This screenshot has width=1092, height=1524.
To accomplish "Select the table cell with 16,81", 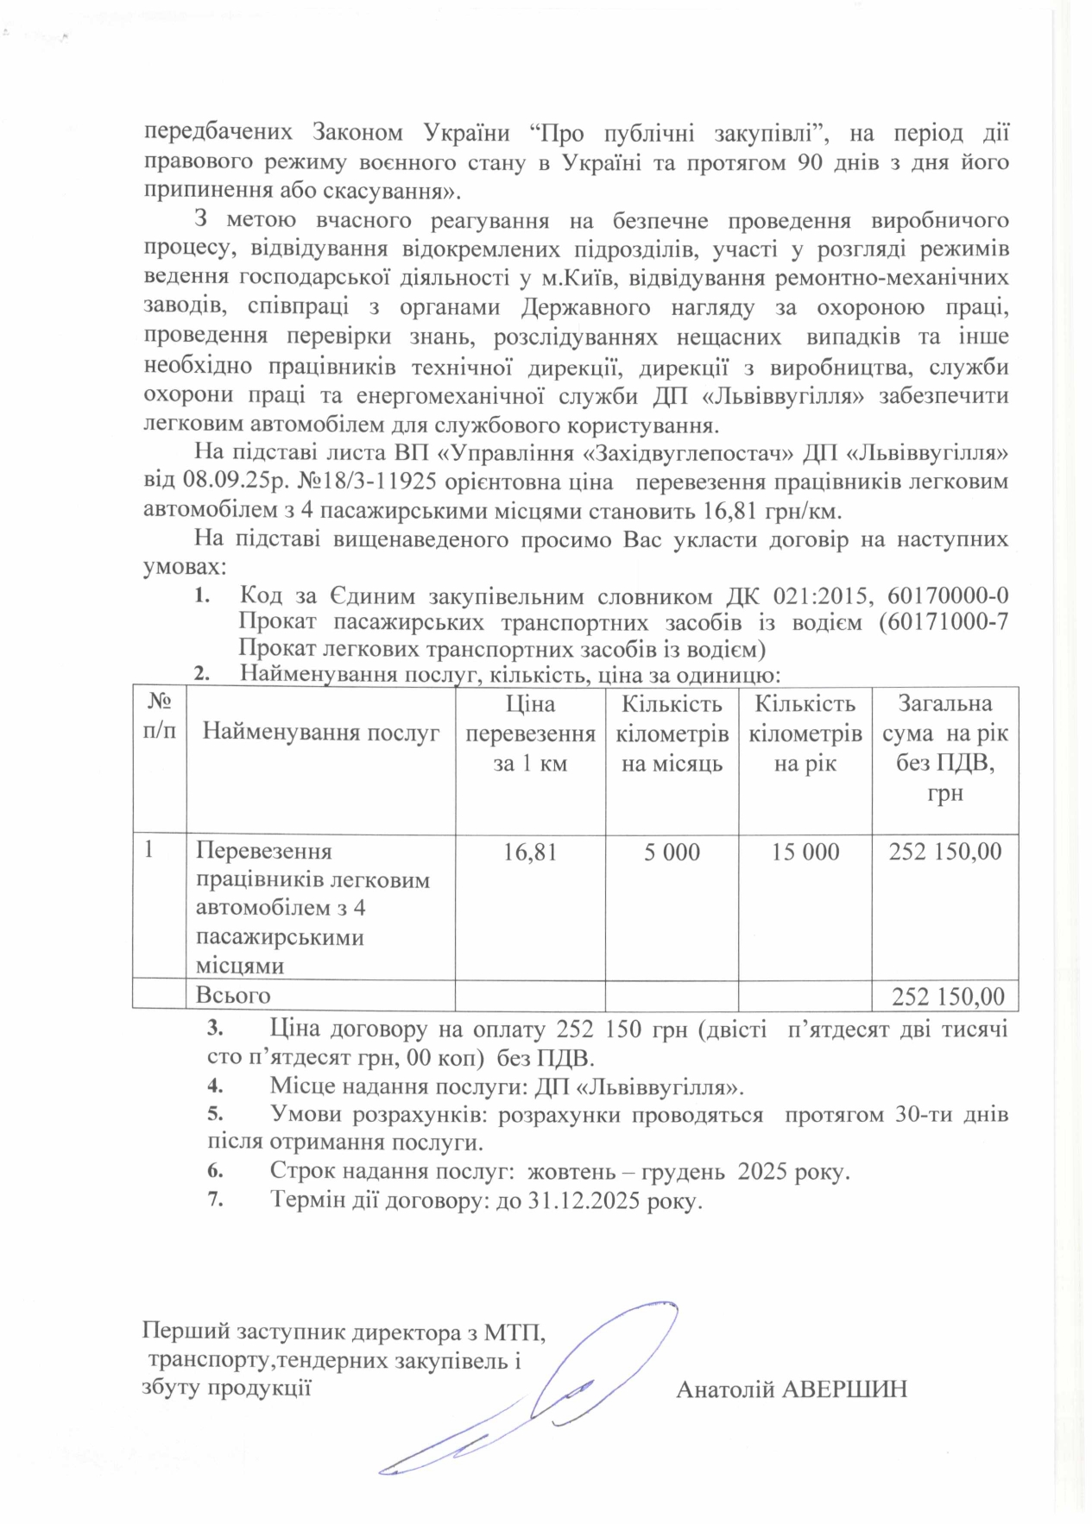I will click(530, 853).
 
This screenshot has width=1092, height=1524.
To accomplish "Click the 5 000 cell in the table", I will click(672, 853).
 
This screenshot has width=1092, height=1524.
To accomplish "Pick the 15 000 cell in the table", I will click(805, 853).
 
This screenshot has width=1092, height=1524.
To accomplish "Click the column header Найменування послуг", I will click(321, 734).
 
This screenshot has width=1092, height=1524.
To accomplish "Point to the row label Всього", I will click(233, 996).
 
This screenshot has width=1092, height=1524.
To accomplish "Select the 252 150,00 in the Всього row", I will click(947, 997).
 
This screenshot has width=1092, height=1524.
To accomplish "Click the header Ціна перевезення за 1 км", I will click(530, 734).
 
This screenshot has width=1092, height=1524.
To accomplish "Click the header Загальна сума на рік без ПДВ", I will click(945, 747).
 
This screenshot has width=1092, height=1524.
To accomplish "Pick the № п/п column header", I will click(160, 716).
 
